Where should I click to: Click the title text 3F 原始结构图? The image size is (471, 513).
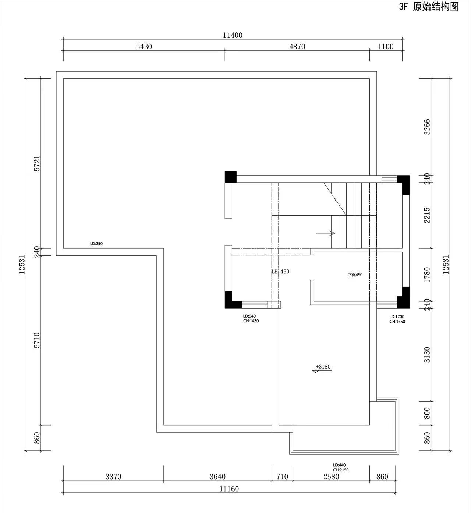(429, 7)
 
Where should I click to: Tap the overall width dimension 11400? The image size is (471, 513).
(233, 35)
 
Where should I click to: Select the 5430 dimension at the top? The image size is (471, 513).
(144, 47)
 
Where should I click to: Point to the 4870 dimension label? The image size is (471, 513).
(297, 47)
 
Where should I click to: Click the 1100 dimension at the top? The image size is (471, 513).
(386, 47)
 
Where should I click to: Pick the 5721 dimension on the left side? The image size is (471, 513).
(37, 164)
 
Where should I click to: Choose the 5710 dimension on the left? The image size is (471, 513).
(37, 340)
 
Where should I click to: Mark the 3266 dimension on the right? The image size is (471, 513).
(427, 127)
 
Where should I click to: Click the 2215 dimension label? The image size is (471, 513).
(427, 215)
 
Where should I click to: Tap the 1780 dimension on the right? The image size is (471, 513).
(427, 275)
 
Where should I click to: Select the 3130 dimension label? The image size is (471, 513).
(427, 355)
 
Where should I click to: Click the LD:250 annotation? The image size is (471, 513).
(96, 244)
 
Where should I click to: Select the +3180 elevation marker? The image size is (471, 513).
(322, 368)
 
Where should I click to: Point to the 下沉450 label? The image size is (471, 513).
(355, 275)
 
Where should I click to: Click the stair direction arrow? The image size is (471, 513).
(326, 233)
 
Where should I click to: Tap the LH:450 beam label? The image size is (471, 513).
(280, 272)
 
